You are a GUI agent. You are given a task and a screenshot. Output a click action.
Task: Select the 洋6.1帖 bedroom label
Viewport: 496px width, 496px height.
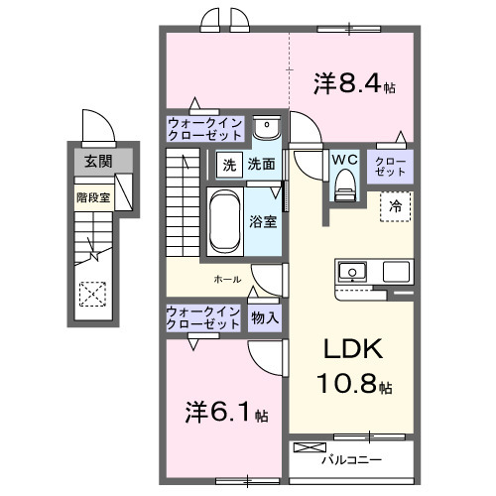(227, 411)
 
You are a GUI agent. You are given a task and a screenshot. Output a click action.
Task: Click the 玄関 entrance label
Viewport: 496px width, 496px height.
(96, 162)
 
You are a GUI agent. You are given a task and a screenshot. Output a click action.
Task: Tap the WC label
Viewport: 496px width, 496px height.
(343, 159)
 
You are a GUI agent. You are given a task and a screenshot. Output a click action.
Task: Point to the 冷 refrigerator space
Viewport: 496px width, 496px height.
(395, 207)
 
